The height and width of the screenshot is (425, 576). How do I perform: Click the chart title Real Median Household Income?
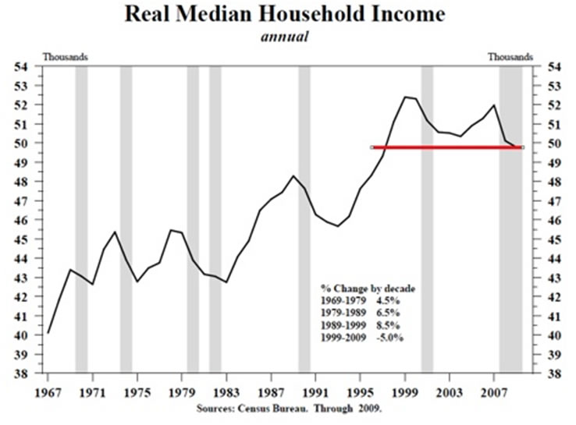pos(288,16)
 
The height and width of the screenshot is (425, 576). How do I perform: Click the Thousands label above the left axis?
pos(65,56)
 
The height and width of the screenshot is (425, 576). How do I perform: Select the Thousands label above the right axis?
pos(510,56)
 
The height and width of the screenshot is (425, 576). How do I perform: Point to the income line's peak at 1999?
pos(405,97)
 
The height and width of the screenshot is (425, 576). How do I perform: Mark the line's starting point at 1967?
pos(48,333)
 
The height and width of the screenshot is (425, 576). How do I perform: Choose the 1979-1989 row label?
pos(341,312)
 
